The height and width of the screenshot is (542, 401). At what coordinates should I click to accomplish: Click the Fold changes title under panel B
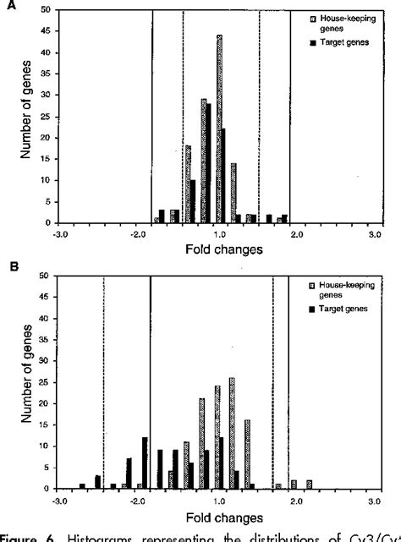coord(215,515)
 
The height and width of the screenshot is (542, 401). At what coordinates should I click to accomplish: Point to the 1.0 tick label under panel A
coord(220,233)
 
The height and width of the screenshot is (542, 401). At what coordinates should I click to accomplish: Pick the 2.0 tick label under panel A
coord(297,233)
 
